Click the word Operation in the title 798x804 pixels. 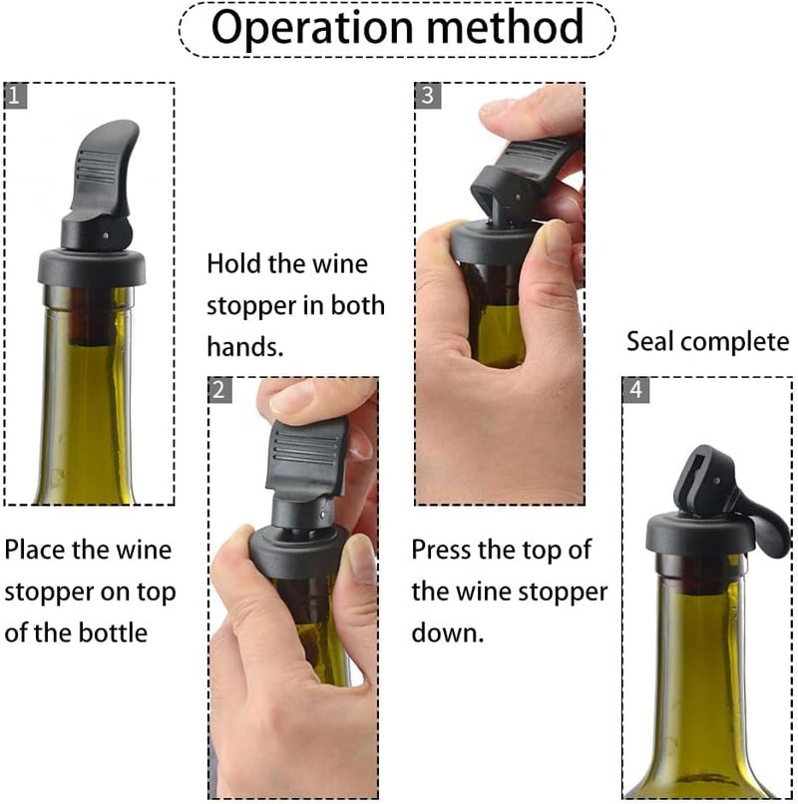pyautogui.click(x=299, y=28)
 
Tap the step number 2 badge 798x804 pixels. pyautogui.click(x=219, y=390)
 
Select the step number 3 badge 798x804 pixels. pyautogui.click(x=427, y=96)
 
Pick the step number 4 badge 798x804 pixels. pyautogui.click(x=635, y=390)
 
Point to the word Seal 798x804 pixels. pyautogui.click(x=653, y=342)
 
